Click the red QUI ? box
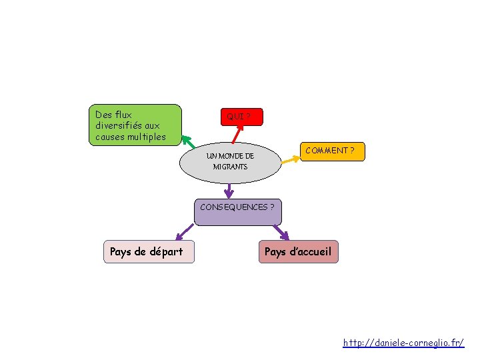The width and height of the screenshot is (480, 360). coord(242,117)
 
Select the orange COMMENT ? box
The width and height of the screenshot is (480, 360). coord(333,151)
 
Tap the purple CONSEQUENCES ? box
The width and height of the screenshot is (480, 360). coord(238,212)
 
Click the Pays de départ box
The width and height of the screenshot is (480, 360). coord(149,251)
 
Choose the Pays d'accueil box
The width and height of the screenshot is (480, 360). coord(299,251)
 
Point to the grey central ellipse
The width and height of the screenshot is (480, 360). coord(230,163)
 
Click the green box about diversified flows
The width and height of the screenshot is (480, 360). coord(135,125)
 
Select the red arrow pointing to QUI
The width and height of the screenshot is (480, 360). coord(238,134)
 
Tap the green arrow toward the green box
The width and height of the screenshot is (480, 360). coord(188,142)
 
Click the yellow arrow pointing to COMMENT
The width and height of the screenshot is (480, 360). coord(291,160)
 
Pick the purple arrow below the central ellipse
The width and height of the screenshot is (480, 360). coord(229,191)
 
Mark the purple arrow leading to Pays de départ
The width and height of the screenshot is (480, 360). coord(185,232)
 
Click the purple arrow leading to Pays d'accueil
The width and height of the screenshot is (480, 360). coord(281,233)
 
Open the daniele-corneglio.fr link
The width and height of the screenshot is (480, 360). coord(403,343)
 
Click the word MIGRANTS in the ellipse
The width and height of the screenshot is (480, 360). coord(230,167)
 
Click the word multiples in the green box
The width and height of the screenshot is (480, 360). coord(147,137)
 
